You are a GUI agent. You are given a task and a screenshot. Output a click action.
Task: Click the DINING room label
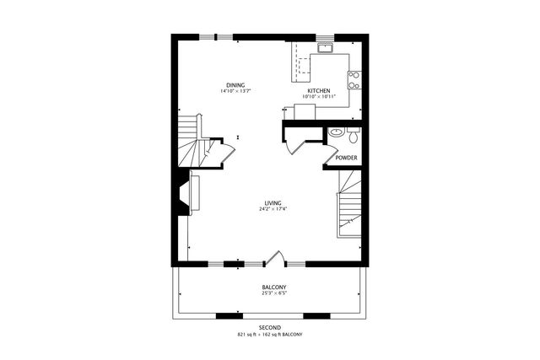[x=236, y=84]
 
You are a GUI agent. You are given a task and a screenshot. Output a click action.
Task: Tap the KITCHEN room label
[x=318, y=91]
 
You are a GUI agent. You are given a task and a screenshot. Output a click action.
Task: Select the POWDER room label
[x=346, y=158]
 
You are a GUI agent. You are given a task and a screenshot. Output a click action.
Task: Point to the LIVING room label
[x=272, y=203]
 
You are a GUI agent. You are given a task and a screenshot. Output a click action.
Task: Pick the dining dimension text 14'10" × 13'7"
[x=236, y=91]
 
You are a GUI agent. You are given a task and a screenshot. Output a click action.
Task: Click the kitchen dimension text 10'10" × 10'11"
[x=318, y=97]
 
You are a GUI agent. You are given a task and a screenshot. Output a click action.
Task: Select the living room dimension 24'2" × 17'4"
[x=272, y=209]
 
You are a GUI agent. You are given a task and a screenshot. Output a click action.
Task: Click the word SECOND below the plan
[x=270, y=327]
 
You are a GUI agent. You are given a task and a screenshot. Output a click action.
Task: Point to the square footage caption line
[x=270, y=335]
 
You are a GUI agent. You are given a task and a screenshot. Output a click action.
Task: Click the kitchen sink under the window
[x=325, y=48]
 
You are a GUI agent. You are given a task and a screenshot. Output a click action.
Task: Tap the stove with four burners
[x=354, y=79]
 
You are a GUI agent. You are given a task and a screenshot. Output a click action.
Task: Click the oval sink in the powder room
[x=336, y=132]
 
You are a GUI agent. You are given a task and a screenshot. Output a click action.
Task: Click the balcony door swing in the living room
[x=272, y=256]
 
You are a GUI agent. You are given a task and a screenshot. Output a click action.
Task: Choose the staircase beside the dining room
[x=192, y=143]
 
